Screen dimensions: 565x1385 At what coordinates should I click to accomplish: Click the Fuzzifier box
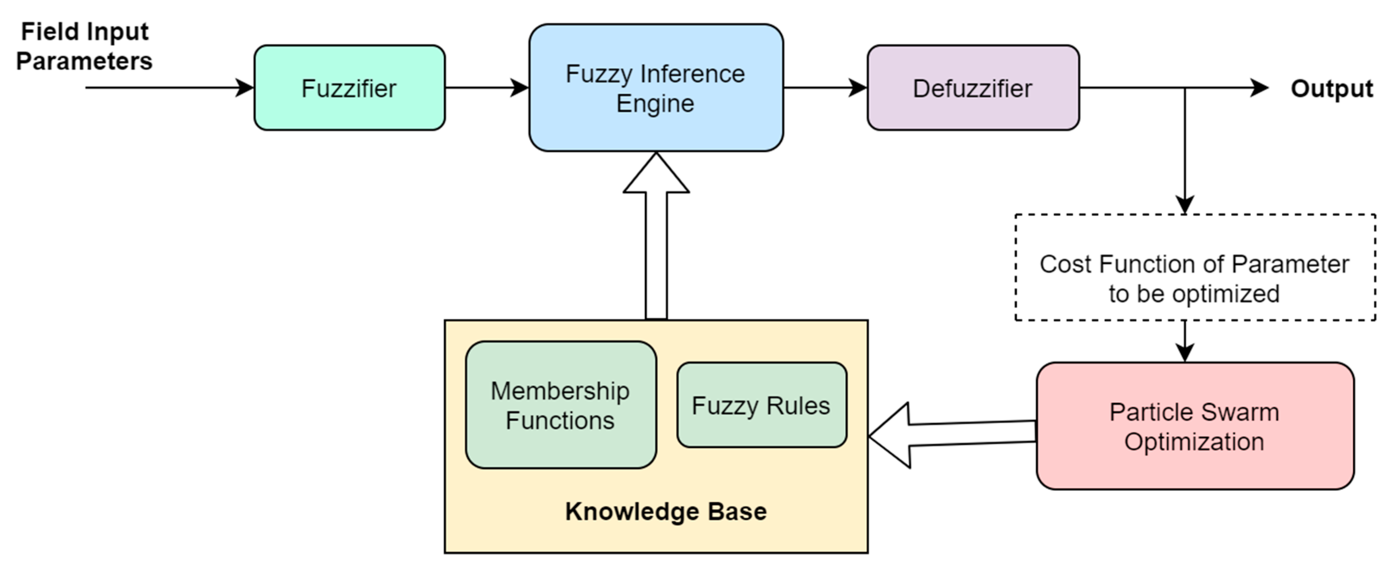pos(349,87)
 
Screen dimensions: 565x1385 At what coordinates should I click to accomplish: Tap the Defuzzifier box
pos(973,87)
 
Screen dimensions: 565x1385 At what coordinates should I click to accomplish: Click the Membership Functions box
pos(560,405)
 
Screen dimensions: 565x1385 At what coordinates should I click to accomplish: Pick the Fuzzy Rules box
pos(761,405)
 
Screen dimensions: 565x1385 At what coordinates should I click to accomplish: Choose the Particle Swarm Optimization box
pos(1194,426)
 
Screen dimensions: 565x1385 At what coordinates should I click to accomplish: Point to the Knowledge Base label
pos(665,511)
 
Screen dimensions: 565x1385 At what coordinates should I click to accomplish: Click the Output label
pos(1331,89)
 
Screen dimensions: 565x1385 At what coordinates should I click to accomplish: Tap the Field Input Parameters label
pos(84,46)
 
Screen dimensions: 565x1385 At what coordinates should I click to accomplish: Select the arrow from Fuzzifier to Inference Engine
pos(486,87)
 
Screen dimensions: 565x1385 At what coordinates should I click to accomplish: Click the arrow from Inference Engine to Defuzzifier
pos(825,87)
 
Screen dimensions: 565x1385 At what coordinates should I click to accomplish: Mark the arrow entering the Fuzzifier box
pos(169,87)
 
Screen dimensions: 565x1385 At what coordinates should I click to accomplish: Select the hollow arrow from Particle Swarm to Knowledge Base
pos(952,435)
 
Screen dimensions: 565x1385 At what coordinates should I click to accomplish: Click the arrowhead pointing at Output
pos(1258,87)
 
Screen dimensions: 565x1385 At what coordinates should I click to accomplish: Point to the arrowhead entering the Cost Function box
pos(1185,204)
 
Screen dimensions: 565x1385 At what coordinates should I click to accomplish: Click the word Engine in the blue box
pos(655,103)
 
